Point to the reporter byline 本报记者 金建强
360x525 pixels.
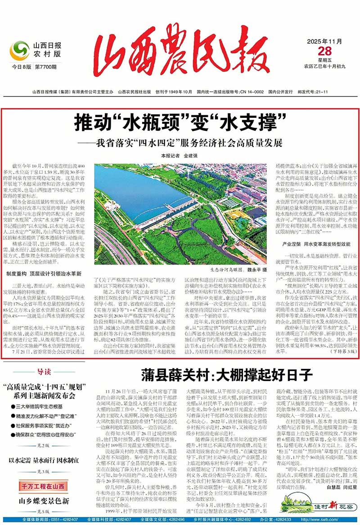click(180, 155)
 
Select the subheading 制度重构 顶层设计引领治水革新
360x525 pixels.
click(44, 273)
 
